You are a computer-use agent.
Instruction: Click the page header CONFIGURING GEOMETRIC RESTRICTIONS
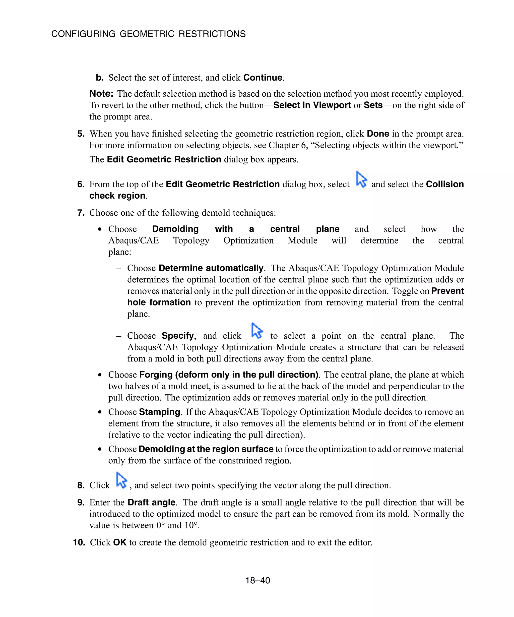pyautogui.click(x=148, y=34)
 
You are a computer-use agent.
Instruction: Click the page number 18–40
pyautogui.click(x=258, y=580)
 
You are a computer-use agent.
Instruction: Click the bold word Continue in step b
pyautogui.click(x=263, y=78)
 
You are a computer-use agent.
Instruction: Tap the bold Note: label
pyautogui.click(x=101, y=94)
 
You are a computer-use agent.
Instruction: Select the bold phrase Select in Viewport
pyautogui.click(x=312, y=105)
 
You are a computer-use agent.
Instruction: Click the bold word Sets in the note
pyautogui.click(x=373, y=105)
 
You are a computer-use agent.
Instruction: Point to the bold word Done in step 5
pyautogui.click(x=378, y=134)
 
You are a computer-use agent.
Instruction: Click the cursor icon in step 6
pyautogui.click(x=361, y=179)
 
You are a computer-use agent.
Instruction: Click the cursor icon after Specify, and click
pyautogui.click(x=256, y=331)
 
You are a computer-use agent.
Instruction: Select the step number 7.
pyautogui.click(x=81, y=213)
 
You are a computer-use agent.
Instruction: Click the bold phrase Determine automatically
pyautogui.click(x=211, y=268)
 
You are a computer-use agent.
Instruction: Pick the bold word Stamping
pyautogui.click(x=159, y=412)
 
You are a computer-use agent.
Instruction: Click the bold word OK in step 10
pyautogui.click(x=119, y=542)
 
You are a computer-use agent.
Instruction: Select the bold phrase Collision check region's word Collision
pyautogui.click(x=444, y=184)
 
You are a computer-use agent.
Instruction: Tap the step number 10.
pyautogui.click(x=79, y=542)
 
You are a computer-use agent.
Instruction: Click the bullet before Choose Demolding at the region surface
pyautogui.click(x=100, y=449)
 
